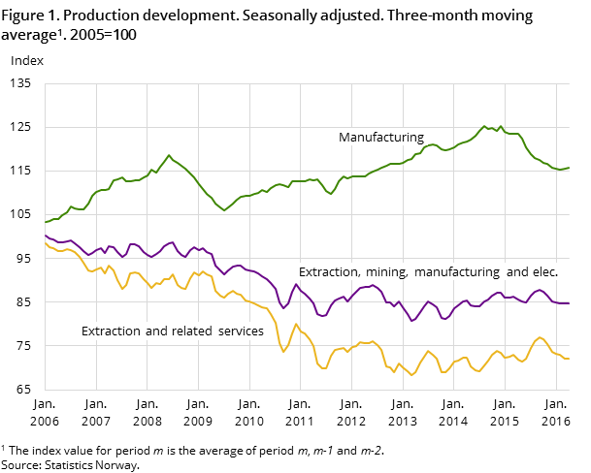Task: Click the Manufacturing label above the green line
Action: [380, 138]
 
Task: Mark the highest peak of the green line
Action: [484, 126]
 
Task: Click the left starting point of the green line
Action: [46, 222]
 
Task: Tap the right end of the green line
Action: [569, 168]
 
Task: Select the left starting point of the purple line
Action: [46, 235]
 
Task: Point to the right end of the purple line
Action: [569, 303]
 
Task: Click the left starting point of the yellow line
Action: [46, 243]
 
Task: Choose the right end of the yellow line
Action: [569, 360]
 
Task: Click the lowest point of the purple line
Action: [411, 321]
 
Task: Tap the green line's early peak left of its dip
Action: [169, 155]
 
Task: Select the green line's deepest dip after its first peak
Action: [224, 210]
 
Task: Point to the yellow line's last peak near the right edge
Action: [540, 337]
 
